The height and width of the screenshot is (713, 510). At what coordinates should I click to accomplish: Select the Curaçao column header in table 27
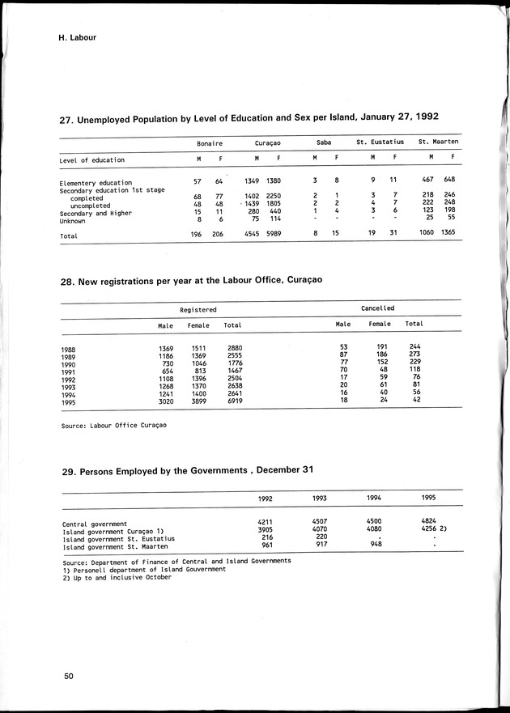(268, 142)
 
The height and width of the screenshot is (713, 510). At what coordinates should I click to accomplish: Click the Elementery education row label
(96, 183)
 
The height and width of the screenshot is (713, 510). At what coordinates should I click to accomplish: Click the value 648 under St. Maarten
(448, 179)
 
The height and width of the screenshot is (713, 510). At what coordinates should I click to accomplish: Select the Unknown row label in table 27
(73, 220)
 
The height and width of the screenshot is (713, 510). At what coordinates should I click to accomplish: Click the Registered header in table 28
(198, 309)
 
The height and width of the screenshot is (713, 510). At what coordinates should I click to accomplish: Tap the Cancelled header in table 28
(377, 308)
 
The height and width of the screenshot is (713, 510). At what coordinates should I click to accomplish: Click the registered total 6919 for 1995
(236, 401)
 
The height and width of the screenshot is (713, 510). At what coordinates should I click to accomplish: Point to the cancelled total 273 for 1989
(414, 354)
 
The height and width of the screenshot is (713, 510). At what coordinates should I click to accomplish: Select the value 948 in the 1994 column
(374, 545)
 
